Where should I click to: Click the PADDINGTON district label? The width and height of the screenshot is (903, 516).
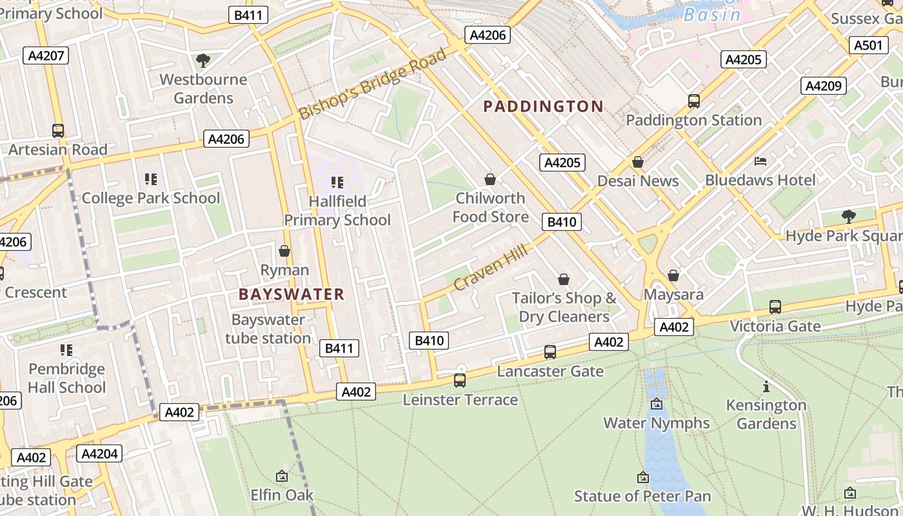coord(543,106)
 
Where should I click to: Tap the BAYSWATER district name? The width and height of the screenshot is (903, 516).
coord(292,295)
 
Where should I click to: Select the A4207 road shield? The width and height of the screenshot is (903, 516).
coord(47,55)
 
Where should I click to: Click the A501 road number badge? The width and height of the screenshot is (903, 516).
coord(868,45)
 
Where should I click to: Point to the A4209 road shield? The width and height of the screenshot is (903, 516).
coord(824,86)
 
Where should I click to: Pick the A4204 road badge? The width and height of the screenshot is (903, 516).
coord(99,454)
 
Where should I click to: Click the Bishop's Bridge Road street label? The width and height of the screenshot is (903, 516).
coord(373,84)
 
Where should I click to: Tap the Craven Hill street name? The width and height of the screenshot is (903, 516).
coord(491,268)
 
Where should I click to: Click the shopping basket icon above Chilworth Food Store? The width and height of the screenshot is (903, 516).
coord(490,179)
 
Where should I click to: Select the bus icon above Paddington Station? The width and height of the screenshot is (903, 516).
coord(694,101)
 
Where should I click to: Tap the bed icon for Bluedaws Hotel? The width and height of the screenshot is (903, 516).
coord(760,161)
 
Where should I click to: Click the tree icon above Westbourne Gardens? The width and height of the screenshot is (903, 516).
coord(203,61)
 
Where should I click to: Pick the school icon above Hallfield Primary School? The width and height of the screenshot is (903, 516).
coord(337,183)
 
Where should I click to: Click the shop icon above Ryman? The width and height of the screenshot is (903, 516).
coord(284,251)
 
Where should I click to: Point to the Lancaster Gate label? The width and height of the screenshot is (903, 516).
coord(550,372)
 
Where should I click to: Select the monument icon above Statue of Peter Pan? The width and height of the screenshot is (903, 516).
coord(642,477)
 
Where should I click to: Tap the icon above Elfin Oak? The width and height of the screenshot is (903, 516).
coord(282,476)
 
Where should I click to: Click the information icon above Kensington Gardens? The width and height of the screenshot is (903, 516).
coord(766,387)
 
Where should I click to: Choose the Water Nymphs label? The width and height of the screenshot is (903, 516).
coord(657,423)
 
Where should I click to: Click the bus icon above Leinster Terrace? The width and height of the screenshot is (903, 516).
coord(460,381)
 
